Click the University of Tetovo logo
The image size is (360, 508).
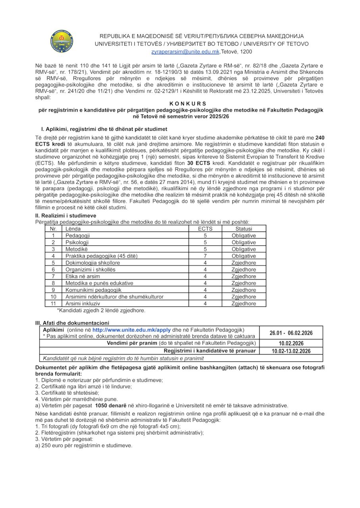[x=62, y=41]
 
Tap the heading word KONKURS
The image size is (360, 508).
[x=180, y=102]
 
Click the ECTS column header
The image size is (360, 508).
[x=205, y=229]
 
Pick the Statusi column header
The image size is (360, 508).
[x=244, y=229]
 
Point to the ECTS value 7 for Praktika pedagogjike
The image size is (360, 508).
[x=205, y=256]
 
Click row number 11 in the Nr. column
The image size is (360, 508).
[x=53, y=304]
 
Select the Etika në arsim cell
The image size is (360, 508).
[x=84, y=276]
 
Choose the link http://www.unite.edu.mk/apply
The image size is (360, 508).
[x=125, y=330]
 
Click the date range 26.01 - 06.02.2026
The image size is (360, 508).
[x=291, y=333]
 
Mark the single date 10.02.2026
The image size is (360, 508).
[x=291, y=343]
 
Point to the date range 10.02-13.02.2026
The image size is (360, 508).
[x=291, y=351]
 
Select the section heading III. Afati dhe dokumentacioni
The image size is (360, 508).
[x=72, y=323]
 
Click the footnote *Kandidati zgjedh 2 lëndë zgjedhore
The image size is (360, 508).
[x=101, y=310]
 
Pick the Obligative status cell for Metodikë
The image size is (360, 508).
[x=244, y=249]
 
